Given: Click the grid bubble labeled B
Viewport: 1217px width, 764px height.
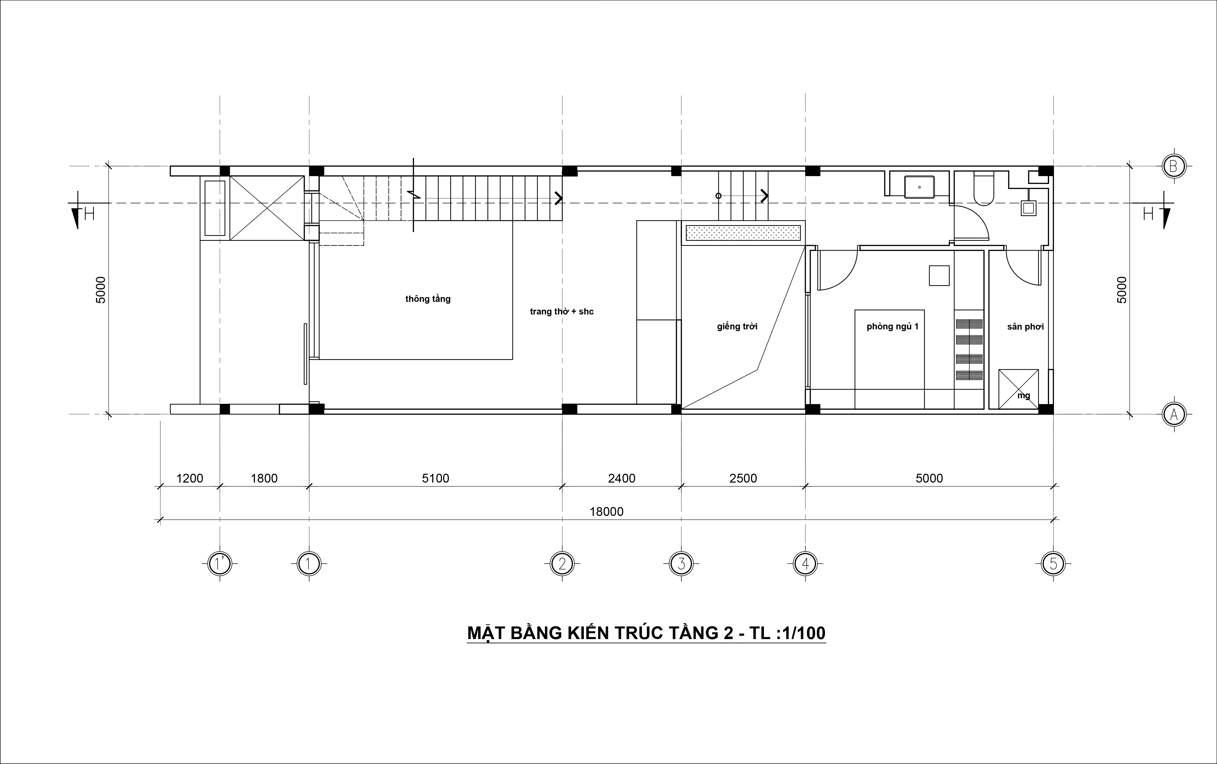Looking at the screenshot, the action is click(x=1174, y=166).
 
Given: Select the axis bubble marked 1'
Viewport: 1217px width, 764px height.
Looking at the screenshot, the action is click(x=220, y=563).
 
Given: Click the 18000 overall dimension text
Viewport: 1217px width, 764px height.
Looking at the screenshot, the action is click(x=606, y=512).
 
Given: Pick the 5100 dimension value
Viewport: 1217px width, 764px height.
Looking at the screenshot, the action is click(x=436, y=478).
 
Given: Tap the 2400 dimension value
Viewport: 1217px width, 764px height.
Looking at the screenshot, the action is click(x=621, y=478).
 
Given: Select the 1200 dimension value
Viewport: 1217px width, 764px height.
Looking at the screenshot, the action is click(x=190, y=478).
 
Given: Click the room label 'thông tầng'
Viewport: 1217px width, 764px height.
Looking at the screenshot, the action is click(x=428, y=299).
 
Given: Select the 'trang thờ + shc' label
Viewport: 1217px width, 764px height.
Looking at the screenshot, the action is click(x=562, y=312).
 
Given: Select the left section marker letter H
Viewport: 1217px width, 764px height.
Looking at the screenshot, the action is click(x=89, y=214).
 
